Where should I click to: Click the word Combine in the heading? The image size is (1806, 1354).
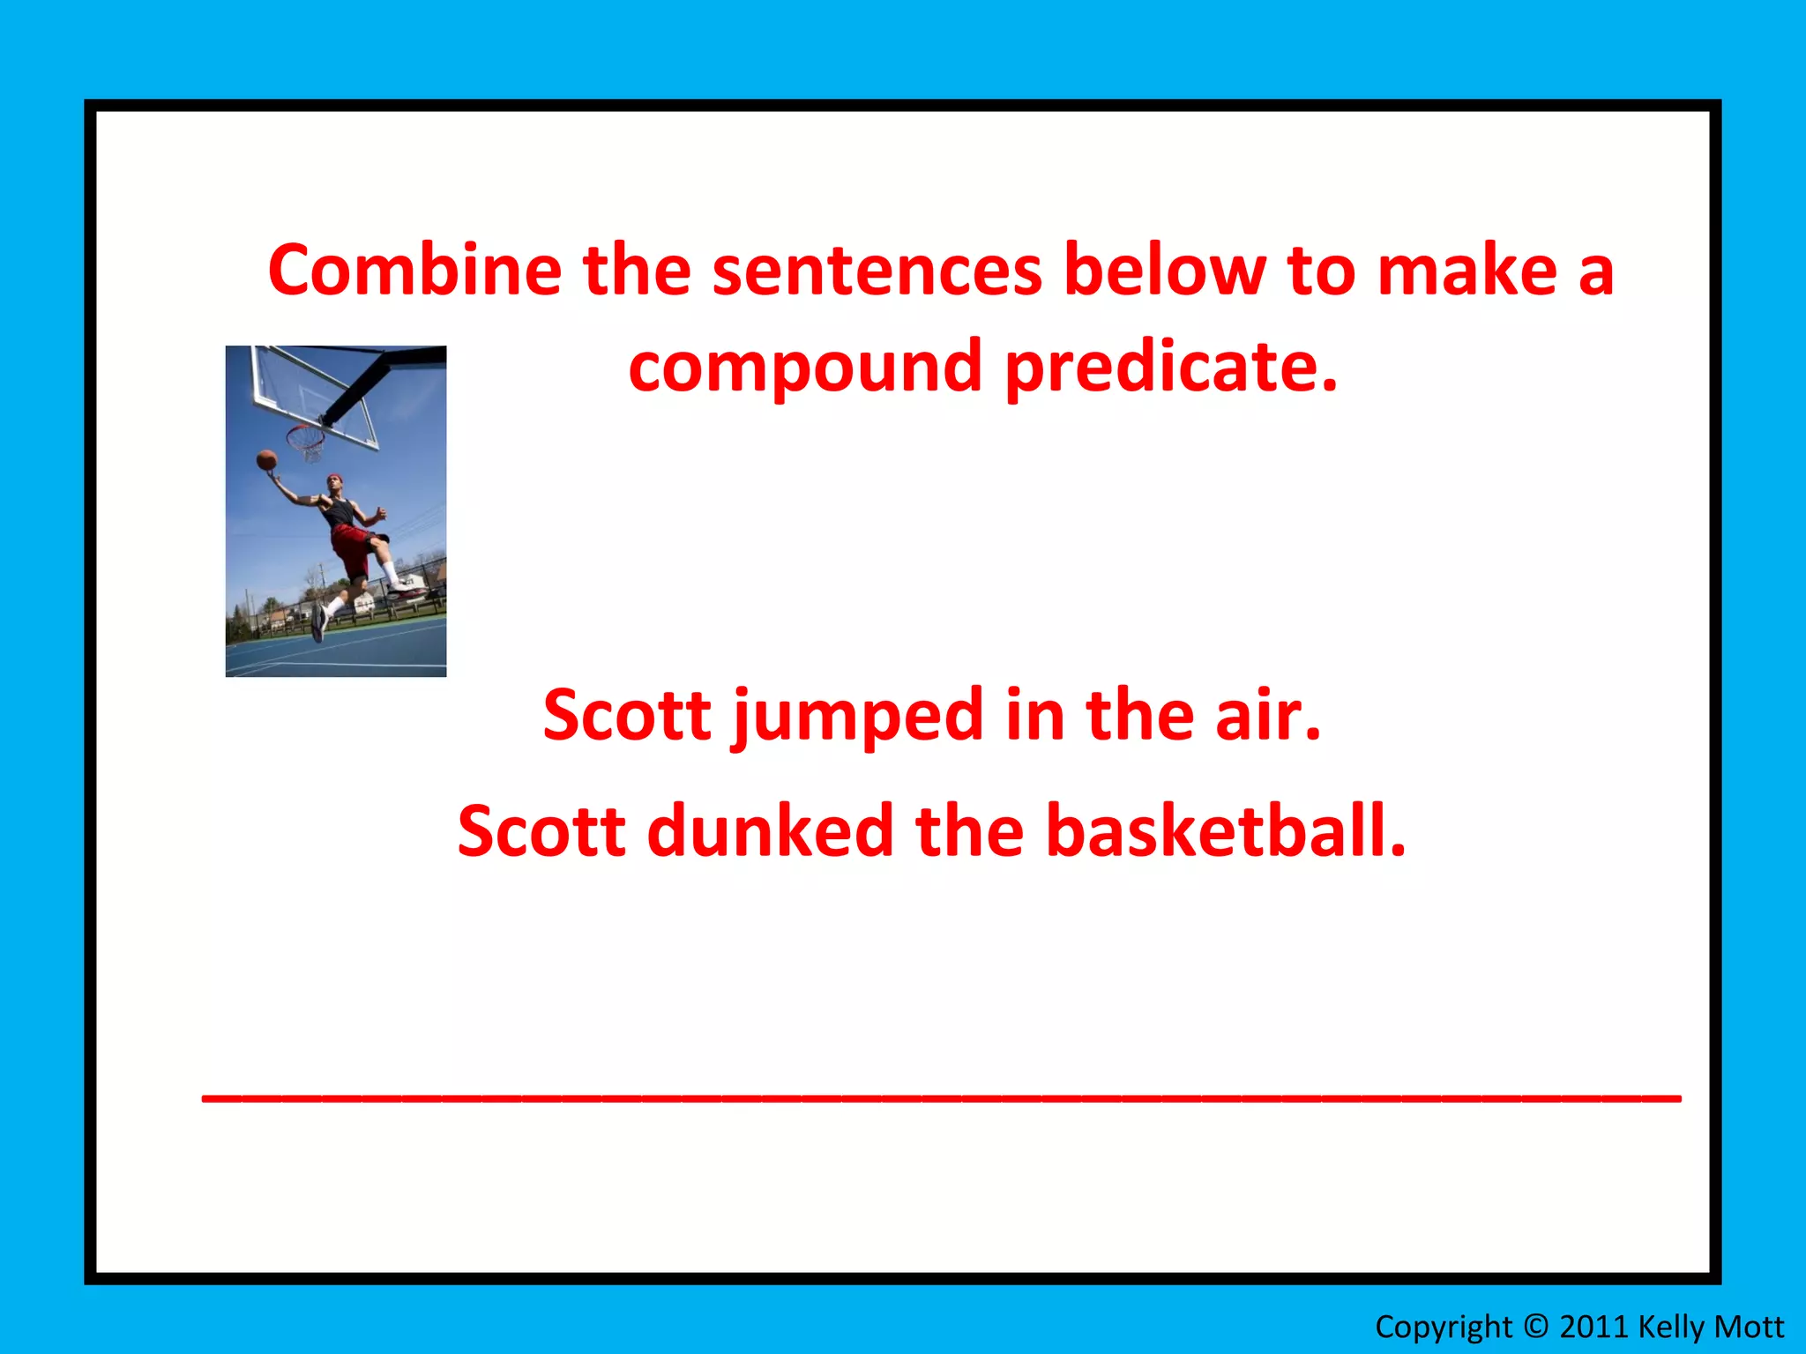[x=414, y=271]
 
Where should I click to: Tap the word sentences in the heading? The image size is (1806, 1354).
[x=877, y=271]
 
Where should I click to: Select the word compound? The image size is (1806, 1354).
[x=805, y=366]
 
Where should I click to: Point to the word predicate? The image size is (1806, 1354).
[x=1171, y=366]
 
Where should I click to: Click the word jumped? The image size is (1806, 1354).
[x=856, y=716]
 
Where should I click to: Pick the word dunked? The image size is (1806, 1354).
[x=770, y=831]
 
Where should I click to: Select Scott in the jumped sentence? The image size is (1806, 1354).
[x=626, y=716]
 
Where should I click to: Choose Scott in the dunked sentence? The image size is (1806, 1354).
[x=541, y=831]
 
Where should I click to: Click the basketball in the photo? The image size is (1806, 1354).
[x=266, y=459]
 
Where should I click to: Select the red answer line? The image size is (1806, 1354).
[x=941, y=1098]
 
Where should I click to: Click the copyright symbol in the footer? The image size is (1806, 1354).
[x=1535, y=1326]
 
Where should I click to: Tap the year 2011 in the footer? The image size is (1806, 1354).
[x=1593, y=1326]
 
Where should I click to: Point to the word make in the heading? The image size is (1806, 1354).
[x=1467, y=271]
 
